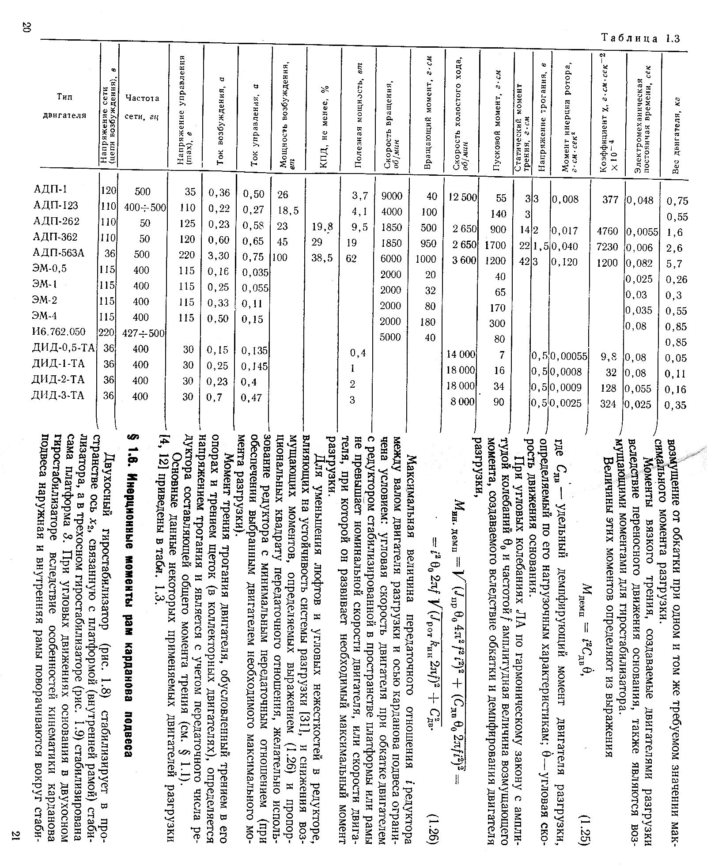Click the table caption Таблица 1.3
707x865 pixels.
(640, 38)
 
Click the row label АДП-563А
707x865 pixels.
(59, 253)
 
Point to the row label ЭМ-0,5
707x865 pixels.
(50, 268)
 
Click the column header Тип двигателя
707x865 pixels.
(64, 106)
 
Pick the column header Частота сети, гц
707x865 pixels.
(142, 107)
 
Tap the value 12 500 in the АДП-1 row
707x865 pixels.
(462, 197)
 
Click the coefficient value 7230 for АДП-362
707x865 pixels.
(607, 246)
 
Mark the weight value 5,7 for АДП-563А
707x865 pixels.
(674, 264)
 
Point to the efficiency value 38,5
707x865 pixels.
(322, 258)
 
